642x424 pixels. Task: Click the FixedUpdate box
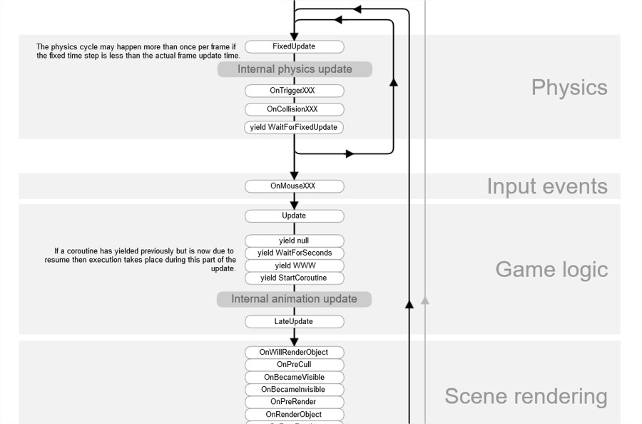[x=294, y=46]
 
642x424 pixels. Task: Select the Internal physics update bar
[x=295, y=69]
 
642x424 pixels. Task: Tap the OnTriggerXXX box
[x=294, y=91]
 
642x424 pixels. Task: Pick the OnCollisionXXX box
[x=294, y=109]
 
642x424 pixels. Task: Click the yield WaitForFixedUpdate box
[x=294, y=127]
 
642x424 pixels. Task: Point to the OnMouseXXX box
[x=294, y=186]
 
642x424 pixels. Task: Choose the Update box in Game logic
[x=294, y=216]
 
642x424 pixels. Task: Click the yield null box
[x=294, y=241]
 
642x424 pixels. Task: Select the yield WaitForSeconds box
[x=294, y=253]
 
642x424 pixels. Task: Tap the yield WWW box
[x=294, y=266]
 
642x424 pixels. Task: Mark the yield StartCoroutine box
[x=294, y=278]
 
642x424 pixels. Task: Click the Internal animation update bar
[x=294, y=299]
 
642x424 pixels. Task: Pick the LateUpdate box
[x=294, y=322]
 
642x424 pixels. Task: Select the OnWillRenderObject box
[x=294, y=352]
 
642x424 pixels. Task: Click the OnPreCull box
[x=294, y=365]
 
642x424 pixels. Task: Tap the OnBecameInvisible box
[x=294, y=390]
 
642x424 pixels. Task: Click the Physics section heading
[x=569, y=88]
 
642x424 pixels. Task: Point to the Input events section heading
[x=547, y=186]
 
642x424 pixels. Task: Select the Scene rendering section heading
[x=526, y=396]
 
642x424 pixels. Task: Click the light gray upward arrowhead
[x=425, y=301]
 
